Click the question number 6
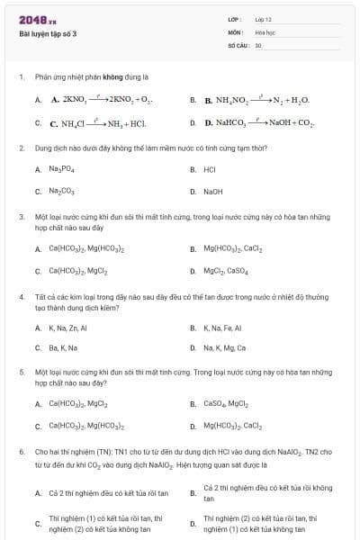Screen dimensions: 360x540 [x=21, y=451]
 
